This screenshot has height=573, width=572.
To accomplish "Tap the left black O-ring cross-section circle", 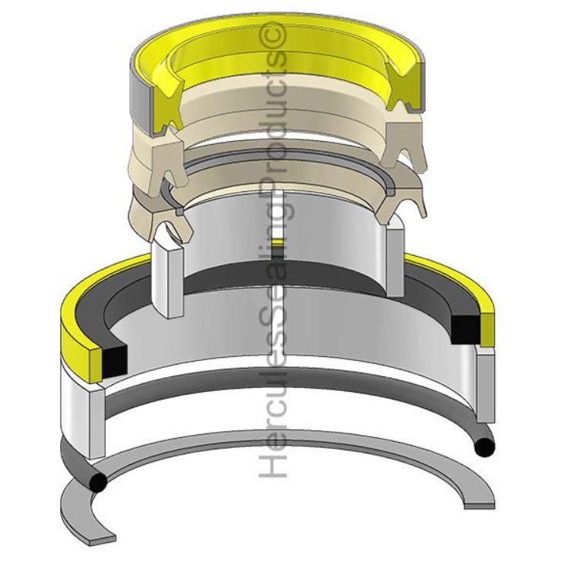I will pos(98,483).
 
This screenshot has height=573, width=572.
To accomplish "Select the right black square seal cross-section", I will pos(464,329).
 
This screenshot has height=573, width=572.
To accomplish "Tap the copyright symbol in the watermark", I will pos(275,35).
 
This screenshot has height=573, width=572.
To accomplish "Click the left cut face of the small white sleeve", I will pos(168,278).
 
